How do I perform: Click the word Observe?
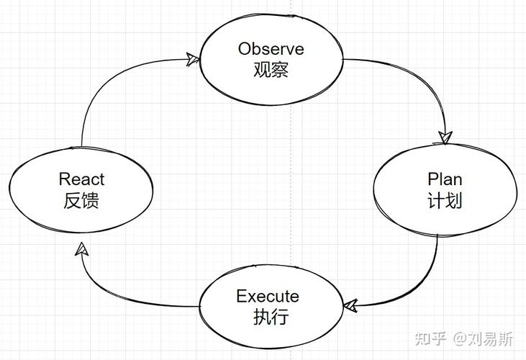[x=271, y=49]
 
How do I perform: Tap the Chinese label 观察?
[x=271, y=71]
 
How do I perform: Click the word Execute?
[x=268, y=296]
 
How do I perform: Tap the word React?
[x=81, y=179]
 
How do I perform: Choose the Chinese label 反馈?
[x=81, y=200]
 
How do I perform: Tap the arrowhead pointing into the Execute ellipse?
[x=350, y=307]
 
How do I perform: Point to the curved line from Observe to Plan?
[x=425, y=76]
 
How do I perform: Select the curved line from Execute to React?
[x=115, y=295]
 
